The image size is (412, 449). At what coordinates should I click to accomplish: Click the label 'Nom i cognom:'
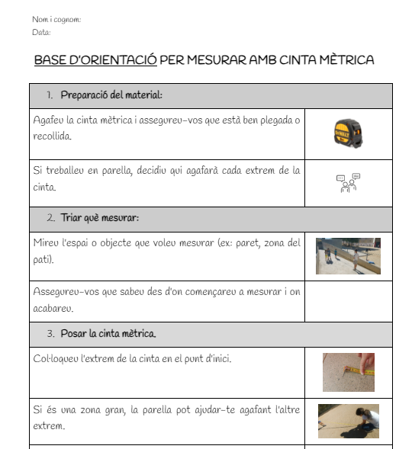click(x=56, y=20)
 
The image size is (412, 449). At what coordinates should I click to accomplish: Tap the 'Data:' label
click(x=41, y=32)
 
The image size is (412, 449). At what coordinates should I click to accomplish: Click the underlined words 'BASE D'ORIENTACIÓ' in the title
click(x=95, y=60)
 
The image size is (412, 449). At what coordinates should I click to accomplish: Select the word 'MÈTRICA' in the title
click(x=346, y=60)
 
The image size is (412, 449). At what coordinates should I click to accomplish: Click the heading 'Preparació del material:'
click(x=111, y=95)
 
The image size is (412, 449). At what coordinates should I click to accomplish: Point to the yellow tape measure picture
click(x=348, y=133)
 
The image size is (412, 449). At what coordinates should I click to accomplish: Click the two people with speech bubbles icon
click(x=349, y=183)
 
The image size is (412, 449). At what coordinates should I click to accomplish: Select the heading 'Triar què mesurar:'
click(x=100, y=218)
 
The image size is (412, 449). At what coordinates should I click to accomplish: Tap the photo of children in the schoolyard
click(x=348, y=256)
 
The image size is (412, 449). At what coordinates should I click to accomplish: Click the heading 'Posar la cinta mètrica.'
click(x=108, y=334)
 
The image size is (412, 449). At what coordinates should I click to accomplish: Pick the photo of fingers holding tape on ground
click(x=349, y=372)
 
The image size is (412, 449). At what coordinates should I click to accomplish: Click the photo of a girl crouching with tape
click(x=349, y=421)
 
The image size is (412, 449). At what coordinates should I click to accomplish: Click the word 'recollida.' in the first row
click(x=52, y=136)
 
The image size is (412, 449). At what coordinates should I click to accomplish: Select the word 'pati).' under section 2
click(x=43, y=260)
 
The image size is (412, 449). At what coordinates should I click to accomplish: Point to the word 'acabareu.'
click(x=53, y=309)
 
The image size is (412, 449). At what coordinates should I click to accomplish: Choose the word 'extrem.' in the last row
click(x=49, y=426)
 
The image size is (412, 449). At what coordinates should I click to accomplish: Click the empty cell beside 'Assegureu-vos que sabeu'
click(x=349, y=302)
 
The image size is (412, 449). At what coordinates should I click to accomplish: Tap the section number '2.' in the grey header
click(x=51, y=218)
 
